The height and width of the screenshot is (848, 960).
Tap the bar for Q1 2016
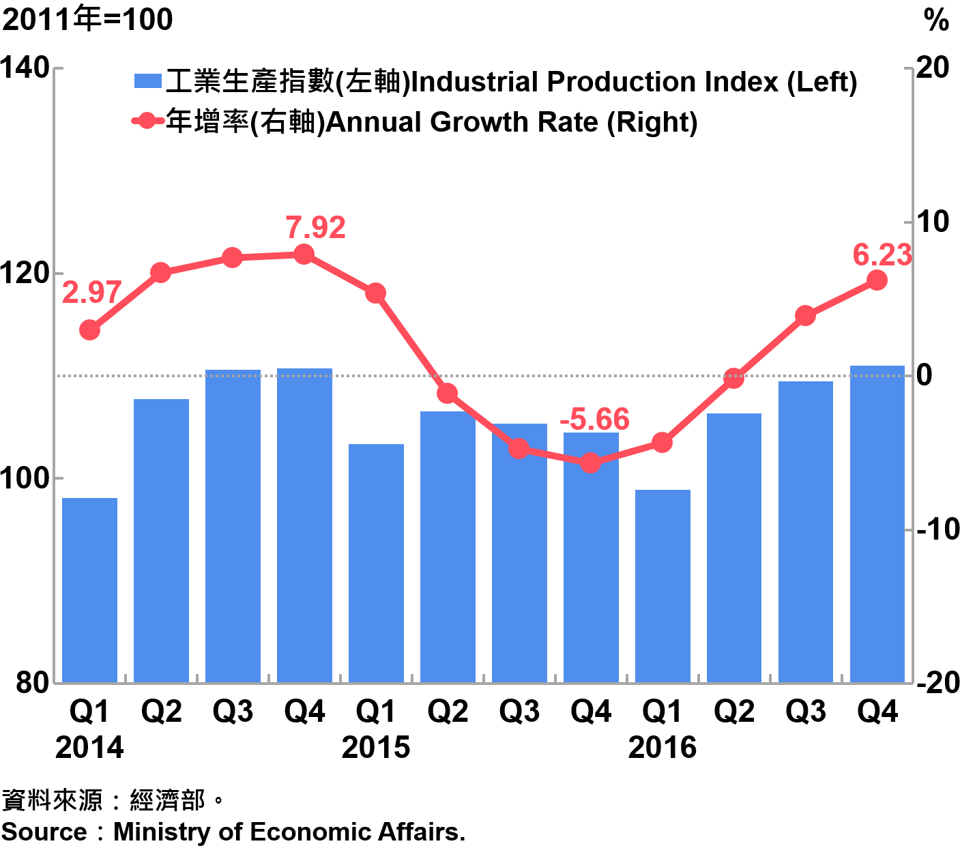click(x=663, y=586)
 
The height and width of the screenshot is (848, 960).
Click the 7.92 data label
click(x=315, y=228)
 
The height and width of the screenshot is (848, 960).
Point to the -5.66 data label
click(x=594, y=419)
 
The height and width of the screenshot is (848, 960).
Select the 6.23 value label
click(x=882, y=255)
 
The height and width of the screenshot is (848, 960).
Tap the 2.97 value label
click(x=91, y=293)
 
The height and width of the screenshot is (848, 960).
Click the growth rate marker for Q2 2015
click(x=448, y=394)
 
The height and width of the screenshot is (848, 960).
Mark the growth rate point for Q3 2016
click(x=805, y=316)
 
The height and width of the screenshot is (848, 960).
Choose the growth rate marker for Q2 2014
click(x=161, y=273)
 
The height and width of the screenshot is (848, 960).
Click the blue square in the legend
click(x=147, y=82)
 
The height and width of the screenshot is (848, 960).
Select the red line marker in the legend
click(x=147, y=122)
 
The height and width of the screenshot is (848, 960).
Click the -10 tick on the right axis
click(x=937, y=529)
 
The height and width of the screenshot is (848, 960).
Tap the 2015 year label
click(x=376, y=748)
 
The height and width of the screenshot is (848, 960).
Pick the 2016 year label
click(x=663, y=748)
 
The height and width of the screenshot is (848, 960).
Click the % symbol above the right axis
click(x=936, y=20)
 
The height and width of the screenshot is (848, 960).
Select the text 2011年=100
click(x=87, y=19)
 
